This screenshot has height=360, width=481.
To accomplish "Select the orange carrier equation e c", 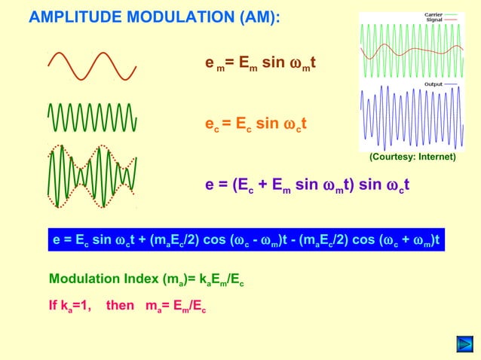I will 255,124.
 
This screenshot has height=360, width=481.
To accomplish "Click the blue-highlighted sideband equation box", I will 246,240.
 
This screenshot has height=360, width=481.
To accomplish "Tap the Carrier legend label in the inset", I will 433,14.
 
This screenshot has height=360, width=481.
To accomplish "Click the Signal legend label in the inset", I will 434,20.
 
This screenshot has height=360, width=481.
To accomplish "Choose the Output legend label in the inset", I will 434,84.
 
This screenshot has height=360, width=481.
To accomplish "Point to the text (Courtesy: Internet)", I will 412,157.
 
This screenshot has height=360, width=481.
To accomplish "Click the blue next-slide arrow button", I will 464,346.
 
